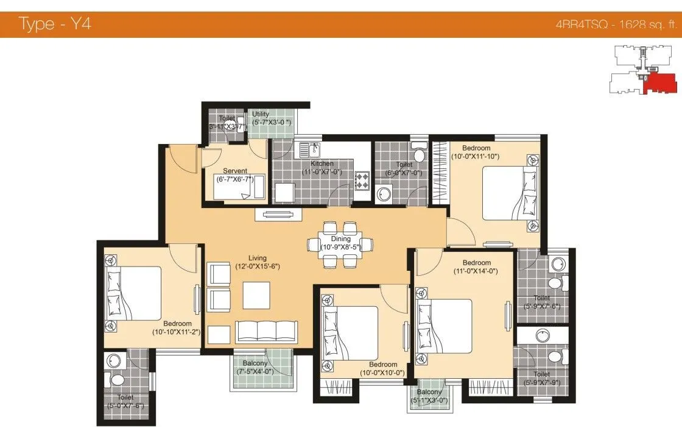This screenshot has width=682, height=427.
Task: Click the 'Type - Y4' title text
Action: point(55,25)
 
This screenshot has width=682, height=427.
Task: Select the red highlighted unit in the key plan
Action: point(658,83)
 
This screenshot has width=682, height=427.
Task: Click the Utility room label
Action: point(261,114)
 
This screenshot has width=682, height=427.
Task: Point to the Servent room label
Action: point(234,171)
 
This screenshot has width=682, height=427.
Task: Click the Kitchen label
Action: point(322,163)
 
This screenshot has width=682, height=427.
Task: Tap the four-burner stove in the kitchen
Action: point(363,181)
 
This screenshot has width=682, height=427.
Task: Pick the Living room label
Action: point(257,258)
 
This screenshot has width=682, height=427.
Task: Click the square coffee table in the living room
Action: point(256,295)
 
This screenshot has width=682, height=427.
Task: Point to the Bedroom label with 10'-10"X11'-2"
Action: point(177,323)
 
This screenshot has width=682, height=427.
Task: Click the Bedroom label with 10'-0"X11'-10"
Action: point(476,148)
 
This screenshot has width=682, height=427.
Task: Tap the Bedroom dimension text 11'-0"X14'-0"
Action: point(476,271)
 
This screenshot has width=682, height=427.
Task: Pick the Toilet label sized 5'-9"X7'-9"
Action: point(541,374)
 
